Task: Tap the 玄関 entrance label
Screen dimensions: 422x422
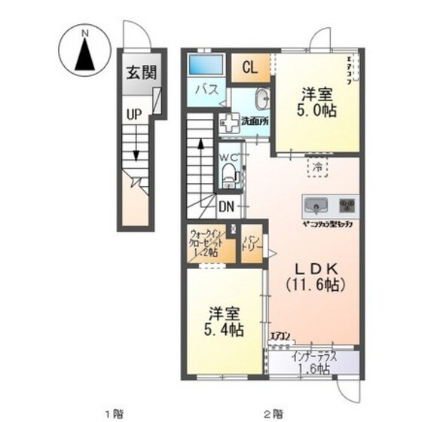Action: (140, 73)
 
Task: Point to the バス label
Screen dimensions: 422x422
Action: (207, 89)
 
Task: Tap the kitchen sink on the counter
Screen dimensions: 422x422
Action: (316, 204)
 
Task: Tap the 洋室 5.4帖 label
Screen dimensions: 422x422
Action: (225, 321)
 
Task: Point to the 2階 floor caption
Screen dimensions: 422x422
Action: (273, 413)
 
